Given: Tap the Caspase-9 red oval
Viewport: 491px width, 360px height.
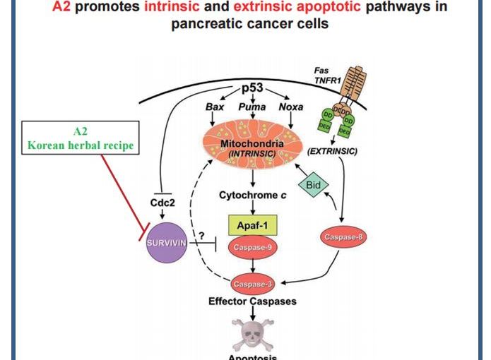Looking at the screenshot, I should coord(253,248).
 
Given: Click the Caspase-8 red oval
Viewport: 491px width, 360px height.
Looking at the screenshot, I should coord(343,238).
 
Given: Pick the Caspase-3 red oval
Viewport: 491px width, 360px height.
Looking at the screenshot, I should coord(253,284).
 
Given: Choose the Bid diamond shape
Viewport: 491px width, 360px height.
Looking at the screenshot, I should coord(314,185).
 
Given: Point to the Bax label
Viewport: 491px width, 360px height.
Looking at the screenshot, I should coord(215,107).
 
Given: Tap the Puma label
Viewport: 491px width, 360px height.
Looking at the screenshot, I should coord(252,107).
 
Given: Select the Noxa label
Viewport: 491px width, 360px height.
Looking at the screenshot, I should coord(291,107).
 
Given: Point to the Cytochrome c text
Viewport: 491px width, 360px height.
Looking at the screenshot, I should coord(252,194).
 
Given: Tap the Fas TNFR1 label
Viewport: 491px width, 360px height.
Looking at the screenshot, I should coord(326,76).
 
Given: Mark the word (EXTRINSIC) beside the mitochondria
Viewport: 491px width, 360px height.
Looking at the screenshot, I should coord(333,151).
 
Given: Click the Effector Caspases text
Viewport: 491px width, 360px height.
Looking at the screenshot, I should coord(252,301).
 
